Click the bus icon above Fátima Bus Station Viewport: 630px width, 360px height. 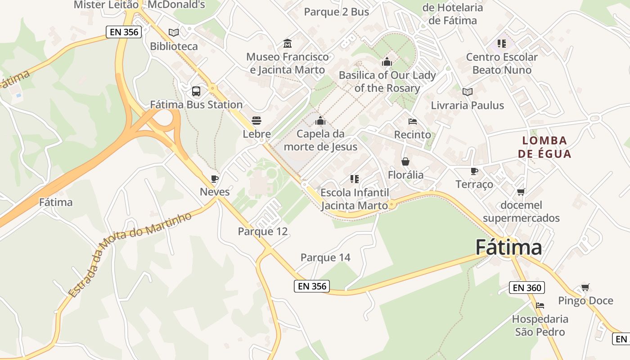196,91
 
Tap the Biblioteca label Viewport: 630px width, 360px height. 174,46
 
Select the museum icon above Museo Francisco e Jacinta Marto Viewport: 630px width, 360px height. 288,44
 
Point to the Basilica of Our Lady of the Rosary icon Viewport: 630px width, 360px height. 387,62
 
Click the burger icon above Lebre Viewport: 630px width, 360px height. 256,121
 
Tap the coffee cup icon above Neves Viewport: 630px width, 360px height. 215,179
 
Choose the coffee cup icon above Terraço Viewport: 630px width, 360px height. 474,171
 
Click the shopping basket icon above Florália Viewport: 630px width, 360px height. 405,162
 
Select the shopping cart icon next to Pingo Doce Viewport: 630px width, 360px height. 585,287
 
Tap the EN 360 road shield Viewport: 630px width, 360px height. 526,288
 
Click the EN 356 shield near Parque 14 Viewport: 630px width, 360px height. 312,286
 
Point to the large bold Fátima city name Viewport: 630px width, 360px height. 508,247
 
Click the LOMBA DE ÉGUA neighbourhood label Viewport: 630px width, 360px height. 544,147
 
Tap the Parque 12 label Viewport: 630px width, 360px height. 262,232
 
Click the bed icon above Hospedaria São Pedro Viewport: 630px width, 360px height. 540,306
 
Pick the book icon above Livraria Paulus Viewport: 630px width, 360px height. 468,92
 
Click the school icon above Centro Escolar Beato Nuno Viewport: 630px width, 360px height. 502,44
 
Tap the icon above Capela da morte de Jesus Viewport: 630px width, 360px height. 320,121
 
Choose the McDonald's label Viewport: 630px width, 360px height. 176,5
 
